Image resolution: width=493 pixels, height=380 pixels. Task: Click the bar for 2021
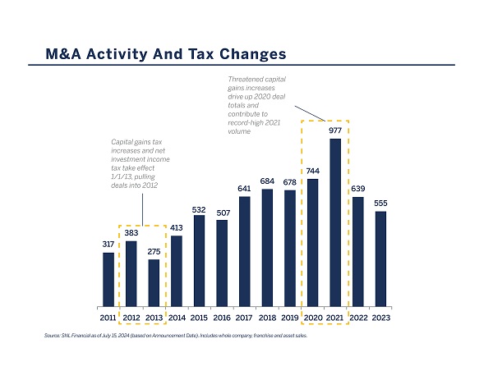pos(335,222)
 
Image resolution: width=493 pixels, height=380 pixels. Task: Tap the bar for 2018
pos(267,247)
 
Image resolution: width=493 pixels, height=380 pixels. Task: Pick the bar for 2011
pos(108,278)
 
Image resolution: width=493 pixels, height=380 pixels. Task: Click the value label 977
pos(335,130)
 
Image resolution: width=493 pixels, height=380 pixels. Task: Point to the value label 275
pos(154,250)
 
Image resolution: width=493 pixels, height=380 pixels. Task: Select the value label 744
pos(312,170)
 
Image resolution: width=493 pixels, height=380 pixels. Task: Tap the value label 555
pos(380,203)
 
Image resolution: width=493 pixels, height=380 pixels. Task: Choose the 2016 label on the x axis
pos(222,317)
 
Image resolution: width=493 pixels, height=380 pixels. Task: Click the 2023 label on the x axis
pos(380,317)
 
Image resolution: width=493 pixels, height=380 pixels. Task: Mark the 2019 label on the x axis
pos(290,317)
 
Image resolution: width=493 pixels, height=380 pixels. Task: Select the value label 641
pos(244,188)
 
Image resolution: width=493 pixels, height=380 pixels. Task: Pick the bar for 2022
pos(357,250)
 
